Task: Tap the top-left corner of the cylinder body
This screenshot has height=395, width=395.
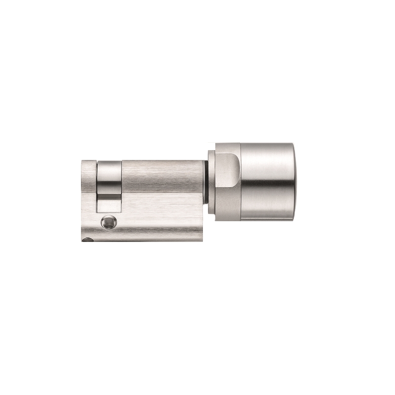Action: click(x=83, y=161)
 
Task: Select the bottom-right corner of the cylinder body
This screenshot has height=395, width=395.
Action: click(x=202, y=239)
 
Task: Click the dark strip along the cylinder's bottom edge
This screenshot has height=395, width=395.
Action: click(x=143, y=239)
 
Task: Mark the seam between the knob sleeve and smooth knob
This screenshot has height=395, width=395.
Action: click(x=240, y=181)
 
